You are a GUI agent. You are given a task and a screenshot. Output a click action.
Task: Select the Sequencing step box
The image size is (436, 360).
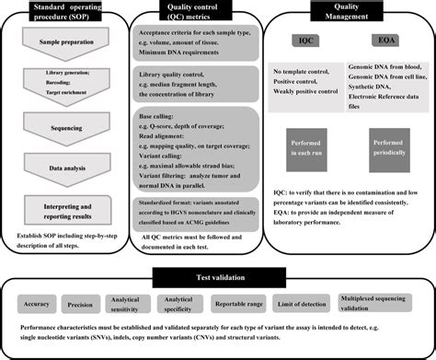tap(65, 132)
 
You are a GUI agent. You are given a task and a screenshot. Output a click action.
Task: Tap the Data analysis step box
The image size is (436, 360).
tap(65, 168)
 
